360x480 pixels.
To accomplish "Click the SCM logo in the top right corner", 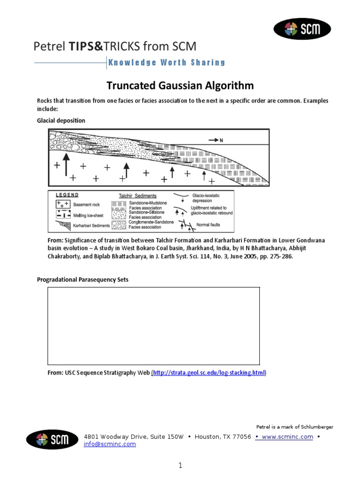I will pos(302,29).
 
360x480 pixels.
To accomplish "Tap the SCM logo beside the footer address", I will pos(52,440).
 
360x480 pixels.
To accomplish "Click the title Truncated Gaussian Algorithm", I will pos(180,86).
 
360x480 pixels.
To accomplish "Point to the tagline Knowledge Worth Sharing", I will pos(167,62).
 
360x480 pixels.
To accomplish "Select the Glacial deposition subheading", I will pos(61,120).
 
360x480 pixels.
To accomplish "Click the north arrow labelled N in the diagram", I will pos(216,140).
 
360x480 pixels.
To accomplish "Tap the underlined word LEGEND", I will pos(67,195).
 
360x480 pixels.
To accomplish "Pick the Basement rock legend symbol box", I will pos(63,204).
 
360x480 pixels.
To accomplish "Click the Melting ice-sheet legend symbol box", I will pos(63,215).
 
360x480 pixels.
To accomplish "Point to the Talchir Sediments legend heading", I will pos(137,196).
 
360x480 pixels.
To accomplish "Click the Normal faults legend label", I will pos(208,225).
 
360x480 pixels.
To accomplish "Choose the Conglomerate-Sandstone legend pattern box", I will pos(118,225).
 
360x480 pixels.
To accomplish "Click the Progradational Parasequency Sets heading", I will pos(82,279).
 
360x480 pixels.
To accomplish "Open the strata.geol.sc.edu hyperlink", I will pos(209,373).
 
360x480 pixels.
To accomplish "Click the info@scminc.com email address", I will pos(110,444).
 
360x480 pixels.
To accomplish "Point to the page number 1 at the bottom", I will pos(180,465).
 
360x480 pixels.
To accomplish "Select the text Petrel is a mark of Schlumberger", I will pos(295,427).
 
